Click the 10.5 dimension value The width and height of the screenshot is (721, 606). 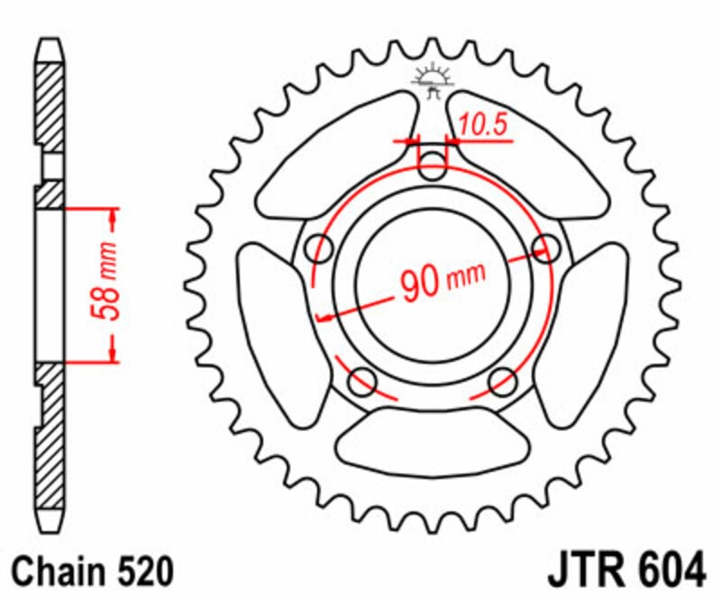tap(483, 124)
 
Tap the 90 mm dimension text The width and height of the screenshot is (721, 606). tap(443, 280)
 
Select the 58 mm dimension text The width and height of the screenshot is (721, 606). tap(105, 280)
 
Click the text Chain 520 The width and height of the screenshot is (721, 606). tap(93, 572)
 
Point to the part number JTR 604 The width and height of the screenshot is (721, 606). tap(626, 570)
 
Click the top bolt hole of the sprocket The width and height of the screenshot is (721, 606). tap(433, 166)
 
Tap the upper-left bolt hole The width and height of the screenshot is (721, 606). tap(319, 249)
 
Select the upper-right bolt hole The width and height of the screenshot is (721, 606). tap(546, 249)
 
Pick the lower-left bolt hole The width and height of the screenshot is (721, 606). tap(362, 382)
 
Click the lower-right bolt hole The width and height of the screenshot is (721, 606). tap(503, 382)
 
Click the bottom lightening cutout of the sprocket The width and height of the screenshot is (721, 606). tap(433, 441)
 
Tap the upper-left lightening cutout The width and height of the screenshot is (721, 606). tap(337, 156)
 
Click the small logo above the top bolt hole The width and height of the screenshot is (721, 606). tap(433, 80)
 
